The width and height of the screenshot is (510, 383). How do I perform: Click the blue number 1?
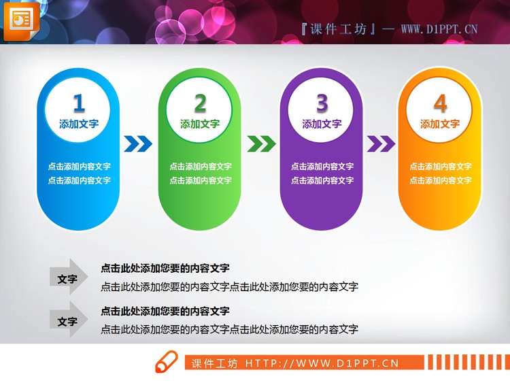[x=79, y=103]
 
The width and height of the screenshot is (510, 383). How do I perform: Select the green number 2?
[x=200, y=103]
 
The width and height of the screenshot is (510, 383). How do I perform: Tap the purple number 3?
[x=322, y=103]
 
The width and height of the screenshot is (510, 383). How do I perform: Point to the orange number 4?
[x=440, y=103]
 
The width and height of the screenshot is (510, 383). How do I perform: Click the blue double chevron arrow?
[x=138, y=144]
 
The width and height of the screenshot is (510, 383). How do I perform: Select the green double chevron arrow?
[x=261, y=144]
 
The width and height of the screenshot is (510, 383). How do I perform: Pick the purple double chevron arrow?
[x=381, y=144]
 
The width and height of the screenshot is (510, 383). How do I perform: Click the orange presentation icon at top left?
[x=21, y=20]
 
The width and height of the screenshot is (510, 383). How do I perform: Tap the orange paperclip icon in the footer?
[x=167, y=363]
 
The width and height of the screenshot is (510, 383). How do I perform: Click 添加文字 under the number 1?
[x=79, y=124]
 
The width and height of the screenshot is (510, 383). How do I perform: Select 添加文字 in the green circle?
[x=200, y=124]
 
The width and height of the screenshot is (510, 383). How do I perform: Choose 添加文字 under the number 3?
[x=322, y=124]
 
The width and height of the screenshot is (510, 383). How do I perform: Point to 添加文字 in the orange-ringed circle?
[x=440, y=124]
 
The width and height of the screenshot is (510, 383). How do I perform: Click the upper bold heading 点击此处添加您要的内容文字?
[x=165, y=268]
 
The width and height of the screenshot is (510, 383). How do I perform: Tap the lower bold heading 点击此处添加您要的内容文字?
[x=165, y=311]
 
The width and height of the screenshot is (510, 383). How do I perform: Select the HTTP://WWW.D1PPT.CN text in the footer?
[x=322, y=363]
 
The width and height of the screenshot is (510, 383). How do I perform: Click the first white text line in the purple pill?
[x=322, y=166]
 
